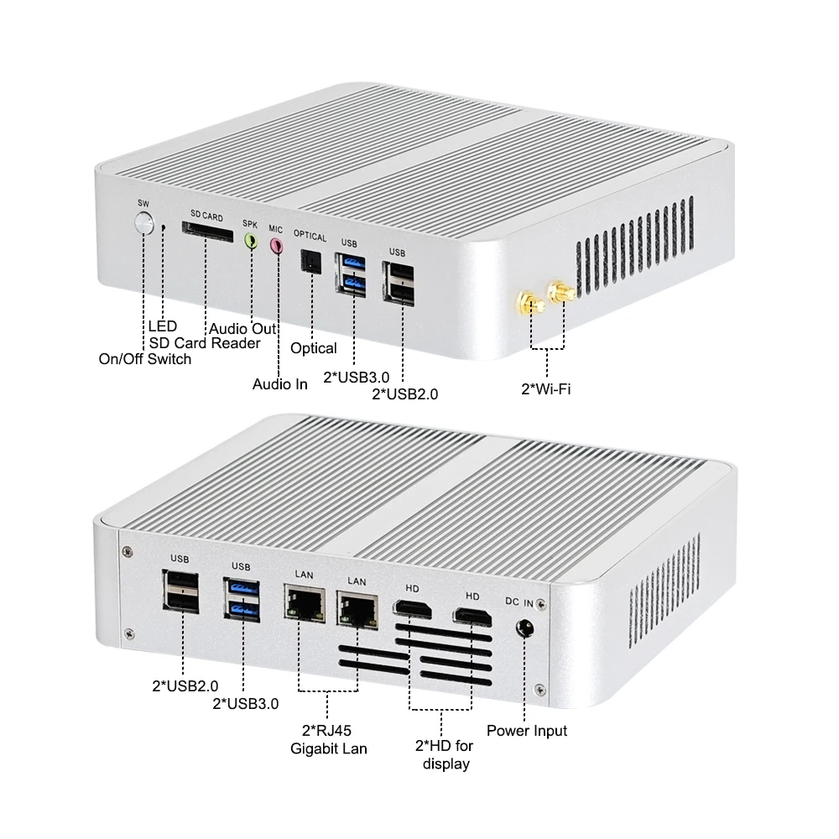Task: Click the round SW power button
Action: pyautogui.click(x=145, y=224)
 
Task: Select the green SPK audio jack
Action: pyautogui.click(x=250, y=242)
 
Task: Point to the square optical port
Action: pyautogui.click(x=311, y=263)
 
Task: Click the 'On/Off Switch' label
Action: pyautogui.click(x=145, y=359)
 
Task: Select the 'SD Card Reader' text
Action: pyautogui.click(x=205, y=343)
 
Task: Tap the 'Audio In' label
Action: pyautogui.click(x=280, y=384)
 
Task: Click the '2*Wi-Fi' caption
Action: pyautogui.click(x=546, y=388)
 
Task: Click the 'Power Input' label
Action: pyautogui.click(x=527, y=731)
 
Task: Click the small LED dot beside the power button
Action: pyautogui.click(x=164, y=227)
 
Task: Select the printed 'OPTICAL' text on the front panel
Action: pyautogui.click(x=309, y=237)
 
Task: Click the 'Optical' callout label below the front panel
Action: pyautogui.click(x=313, y=348)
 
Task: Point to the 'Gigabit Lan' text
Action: pyautogui.click(x=329, y=748)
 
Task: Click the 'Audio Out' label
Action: pyautogui.click(x=242, y=329)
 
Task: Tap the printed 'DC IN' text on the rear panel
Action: pyautogui.click(x=519, y=602)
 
